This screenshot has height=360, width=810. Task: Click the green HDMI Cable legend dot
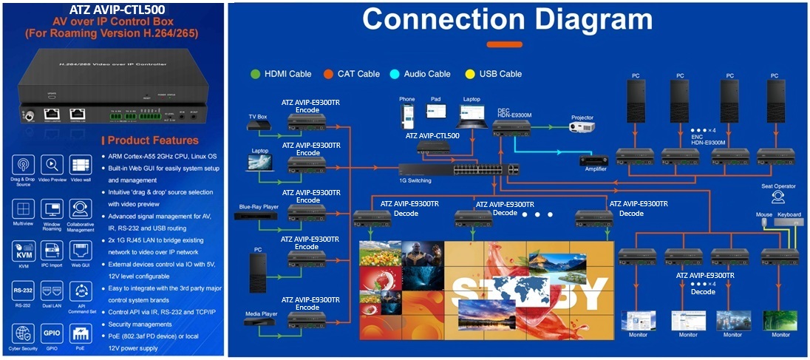tap(255, 74)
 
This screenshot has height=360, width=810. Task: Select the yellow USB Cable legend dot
tap(470, 74)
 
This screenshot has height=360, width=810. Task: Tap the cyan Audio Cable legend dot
tap(395, 74)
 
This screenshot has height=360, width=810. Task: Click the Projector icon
tap(582, 126)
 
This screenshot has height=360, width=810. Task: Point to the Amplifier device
tap(592, 160)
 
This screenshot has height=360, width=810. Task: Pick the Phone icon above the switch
tap(407, 117)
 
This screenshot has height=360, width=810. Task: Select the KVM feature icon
tap(23, 248)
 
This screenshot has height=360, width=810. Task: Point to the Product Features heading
tap(152, 140)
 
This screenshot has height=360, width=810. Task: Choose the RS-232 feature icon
tap(23, 290)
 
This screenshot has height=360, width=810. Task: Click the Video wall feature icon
tap(81, 165)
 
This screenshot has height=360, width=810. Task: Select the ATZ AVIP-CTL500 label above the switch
tap(432, 136)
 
